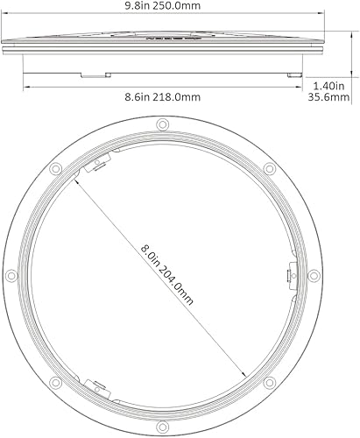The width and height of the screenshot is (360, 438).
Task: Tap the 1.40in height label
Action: tap(329, 86)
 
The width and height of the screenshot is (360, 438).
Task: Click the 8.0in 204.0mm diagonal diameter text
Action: tap(166, 273)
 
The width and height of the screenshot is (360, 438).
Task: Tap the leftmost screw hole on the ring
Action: tap(12, 275)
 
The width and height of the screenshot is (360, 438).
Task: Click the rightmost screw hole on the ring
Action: tap(313, 275)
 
